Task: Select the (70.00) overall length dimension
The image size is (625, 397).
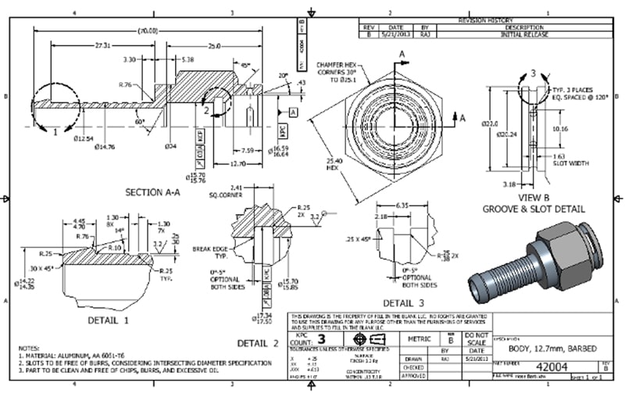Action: click(146, 30)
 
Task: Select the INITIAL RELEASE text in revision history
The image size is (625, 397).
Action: click(530, 34)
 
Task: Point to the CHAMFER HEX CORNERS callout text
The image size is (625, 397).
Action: click(338, 70)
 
